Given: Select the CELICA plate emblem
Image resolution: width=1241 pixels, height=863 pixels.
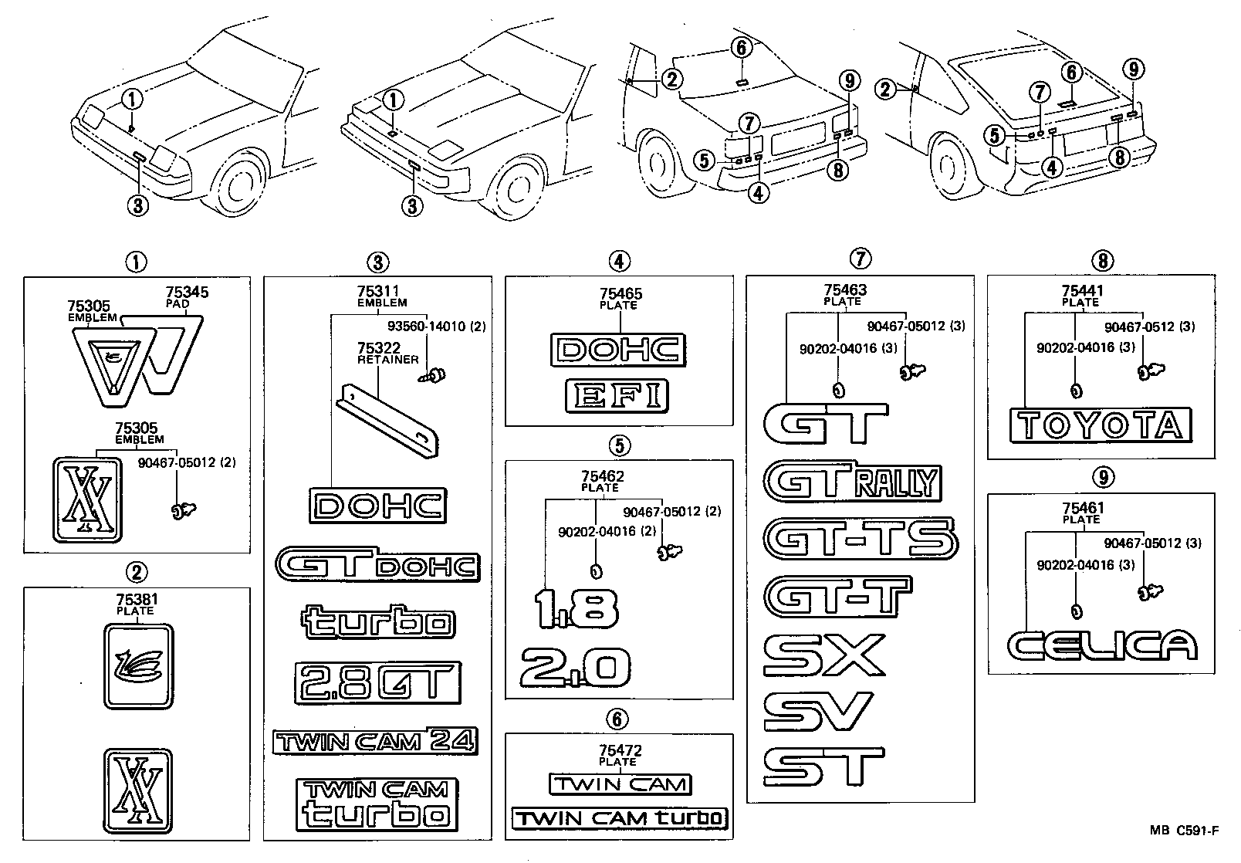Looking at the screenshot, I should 1102,645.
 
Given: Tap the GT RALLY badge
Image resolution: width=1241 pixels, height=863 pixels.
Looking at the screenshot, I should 853,483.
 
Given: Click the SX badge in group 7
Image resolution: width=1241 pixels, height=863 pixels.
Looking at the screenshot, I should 823,654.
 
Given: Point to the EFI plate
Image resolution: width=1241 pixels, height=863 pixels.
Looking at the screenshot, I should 616,396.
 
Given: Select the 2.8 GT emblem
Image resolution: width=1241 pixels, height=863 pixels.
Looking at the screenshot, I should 377,682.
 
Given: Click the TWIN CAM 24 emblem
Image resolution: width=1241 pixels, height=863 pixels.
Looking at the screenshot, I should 375,742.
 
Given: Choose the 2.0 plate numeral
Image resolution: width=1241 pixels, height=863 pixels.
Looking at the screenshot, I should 576,667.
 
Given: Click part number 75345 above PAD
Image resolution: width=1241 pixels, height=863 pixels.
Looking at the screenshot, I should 187,293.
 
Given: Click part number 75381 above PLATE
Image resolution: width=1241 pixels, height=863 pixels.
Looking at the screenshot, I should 135,599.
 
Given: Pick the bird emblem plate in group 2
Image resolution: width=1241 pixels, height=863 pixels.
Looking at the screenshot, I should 138,666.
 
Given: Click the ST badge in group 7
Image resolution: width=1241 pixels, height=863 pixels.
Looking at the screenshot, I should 823,766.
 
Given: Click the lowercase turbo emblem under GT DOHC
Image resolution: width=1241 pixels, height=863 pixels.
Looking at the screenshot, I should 377,622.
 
